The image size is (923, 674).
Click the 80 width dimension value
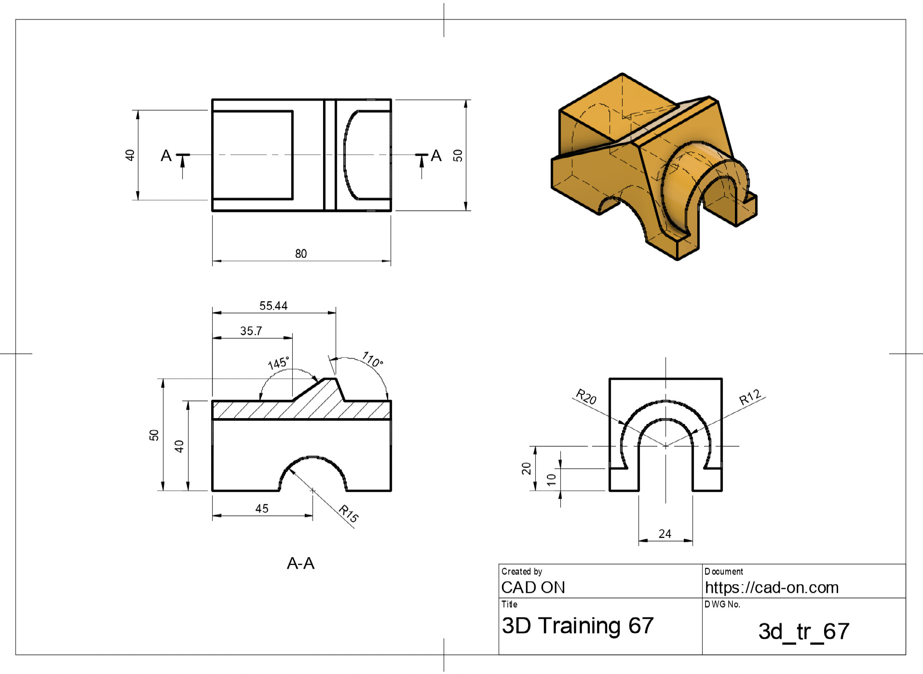(x=301, y=253)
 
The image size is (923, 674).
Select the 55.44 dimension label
(x=273, y=306)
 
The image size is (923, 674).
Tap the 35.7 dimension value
(x=251, y=331)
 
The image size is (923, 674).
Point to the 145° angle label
(x=278, y=363)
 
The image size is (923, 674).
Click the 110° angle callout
(x=373, y=360)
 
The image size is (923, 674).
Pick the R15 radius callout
(x=348, y=513)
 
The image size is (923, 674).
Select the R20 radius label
(x=586, y=396)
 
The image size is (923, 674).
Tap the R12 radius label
(x=750, y=397)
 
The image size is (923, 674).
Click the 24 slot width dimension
(x=665, y=534)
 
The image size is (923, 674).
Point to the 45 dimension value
(x=262, y=508)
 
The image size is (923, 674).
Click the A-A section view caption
(x=300, y=563)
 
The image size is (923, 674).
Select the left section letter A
(x=166, y=155)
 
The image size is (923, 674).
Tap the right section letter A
(x=436, y=155)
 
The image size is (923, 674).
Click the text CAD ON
(x=533, y=587)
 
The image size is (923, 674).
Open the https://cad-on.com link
(x=772, y=587)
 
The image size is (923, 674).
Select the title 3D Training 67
(x=578, y=625)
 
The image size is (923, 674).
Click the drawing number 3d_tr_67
(x=804, y=632)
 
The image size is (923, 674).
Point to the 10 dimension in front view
(x=551, y=479)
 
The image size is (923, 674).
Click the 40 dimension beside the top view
(x=130, y=155)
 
